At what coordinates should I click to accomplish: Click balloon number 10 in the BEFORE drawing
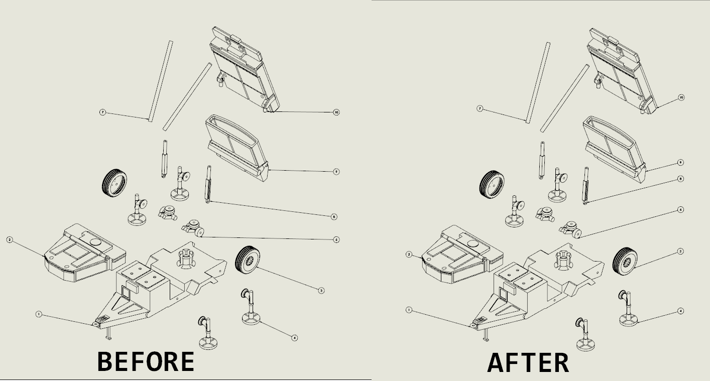coord(336,112)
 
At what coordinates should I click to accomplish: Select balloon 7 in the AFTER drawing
coord(480,109)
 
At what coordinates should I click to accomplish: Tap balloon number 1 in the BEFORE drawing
coord(39,314)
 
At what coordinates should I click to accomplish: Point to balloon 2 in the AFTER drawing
coord(409,255)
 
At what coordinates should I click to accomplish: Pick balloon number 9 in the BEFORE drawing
coord(336,172)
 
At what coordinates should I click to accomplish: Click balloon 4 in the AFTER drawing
coord(681,311)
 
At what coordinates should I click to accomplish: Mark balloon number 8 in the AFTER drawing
coord(681,179)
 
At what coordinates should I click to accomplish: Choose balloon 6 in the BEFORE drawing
coord(336,239)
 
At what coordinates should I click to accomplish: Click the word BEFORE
coord(146,361)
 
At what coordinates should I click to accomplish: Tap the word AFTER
coord(528,362)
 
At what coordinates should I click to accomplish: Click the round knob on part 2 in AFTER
coord(472,243)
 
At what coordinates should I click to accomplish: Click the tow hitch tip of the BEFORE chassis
coord(94,325)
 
